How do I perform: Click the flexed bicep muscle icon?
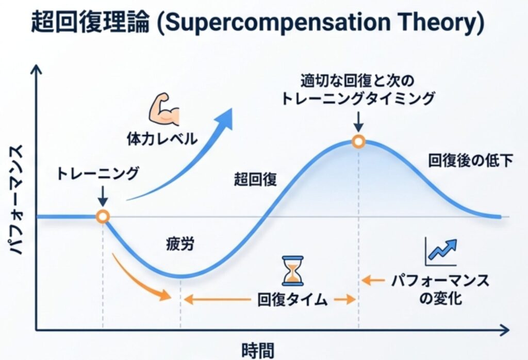coord(164,109)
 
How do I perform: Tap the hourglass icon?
coord(293,271)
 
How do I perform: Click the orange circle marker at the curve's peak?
coord(359,142)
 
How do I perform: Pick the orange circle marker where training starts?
coord(103,217)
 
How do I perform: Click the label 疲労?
coord(180,244)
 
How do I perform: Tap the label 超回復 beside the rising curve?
coord(255,179)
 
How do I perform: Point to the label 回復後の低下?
coord(470,160)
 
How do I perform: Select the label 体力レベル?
coord(162,139)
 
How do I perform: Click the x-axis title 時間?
coord(258,350)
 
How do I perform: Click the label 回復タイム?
coord(292,299)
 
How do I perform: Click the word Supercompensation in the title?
coord(278,22)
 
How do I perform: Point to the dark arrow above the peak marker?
coord(359,122)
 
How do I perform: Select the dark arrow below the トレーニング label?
coord(103,195)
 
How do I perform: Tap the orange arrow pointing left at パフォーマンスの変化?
coord(373,280)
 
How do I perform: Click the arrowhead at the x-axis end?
coord(505,330)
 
